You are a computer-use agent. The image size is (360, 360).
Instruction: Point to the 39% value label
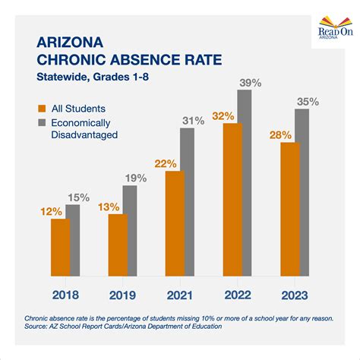248,81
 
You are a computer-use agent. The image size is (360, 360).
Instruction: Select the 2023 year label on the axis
294,292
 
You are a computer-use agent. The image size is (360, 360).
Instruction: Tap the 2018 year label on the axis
62,292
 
